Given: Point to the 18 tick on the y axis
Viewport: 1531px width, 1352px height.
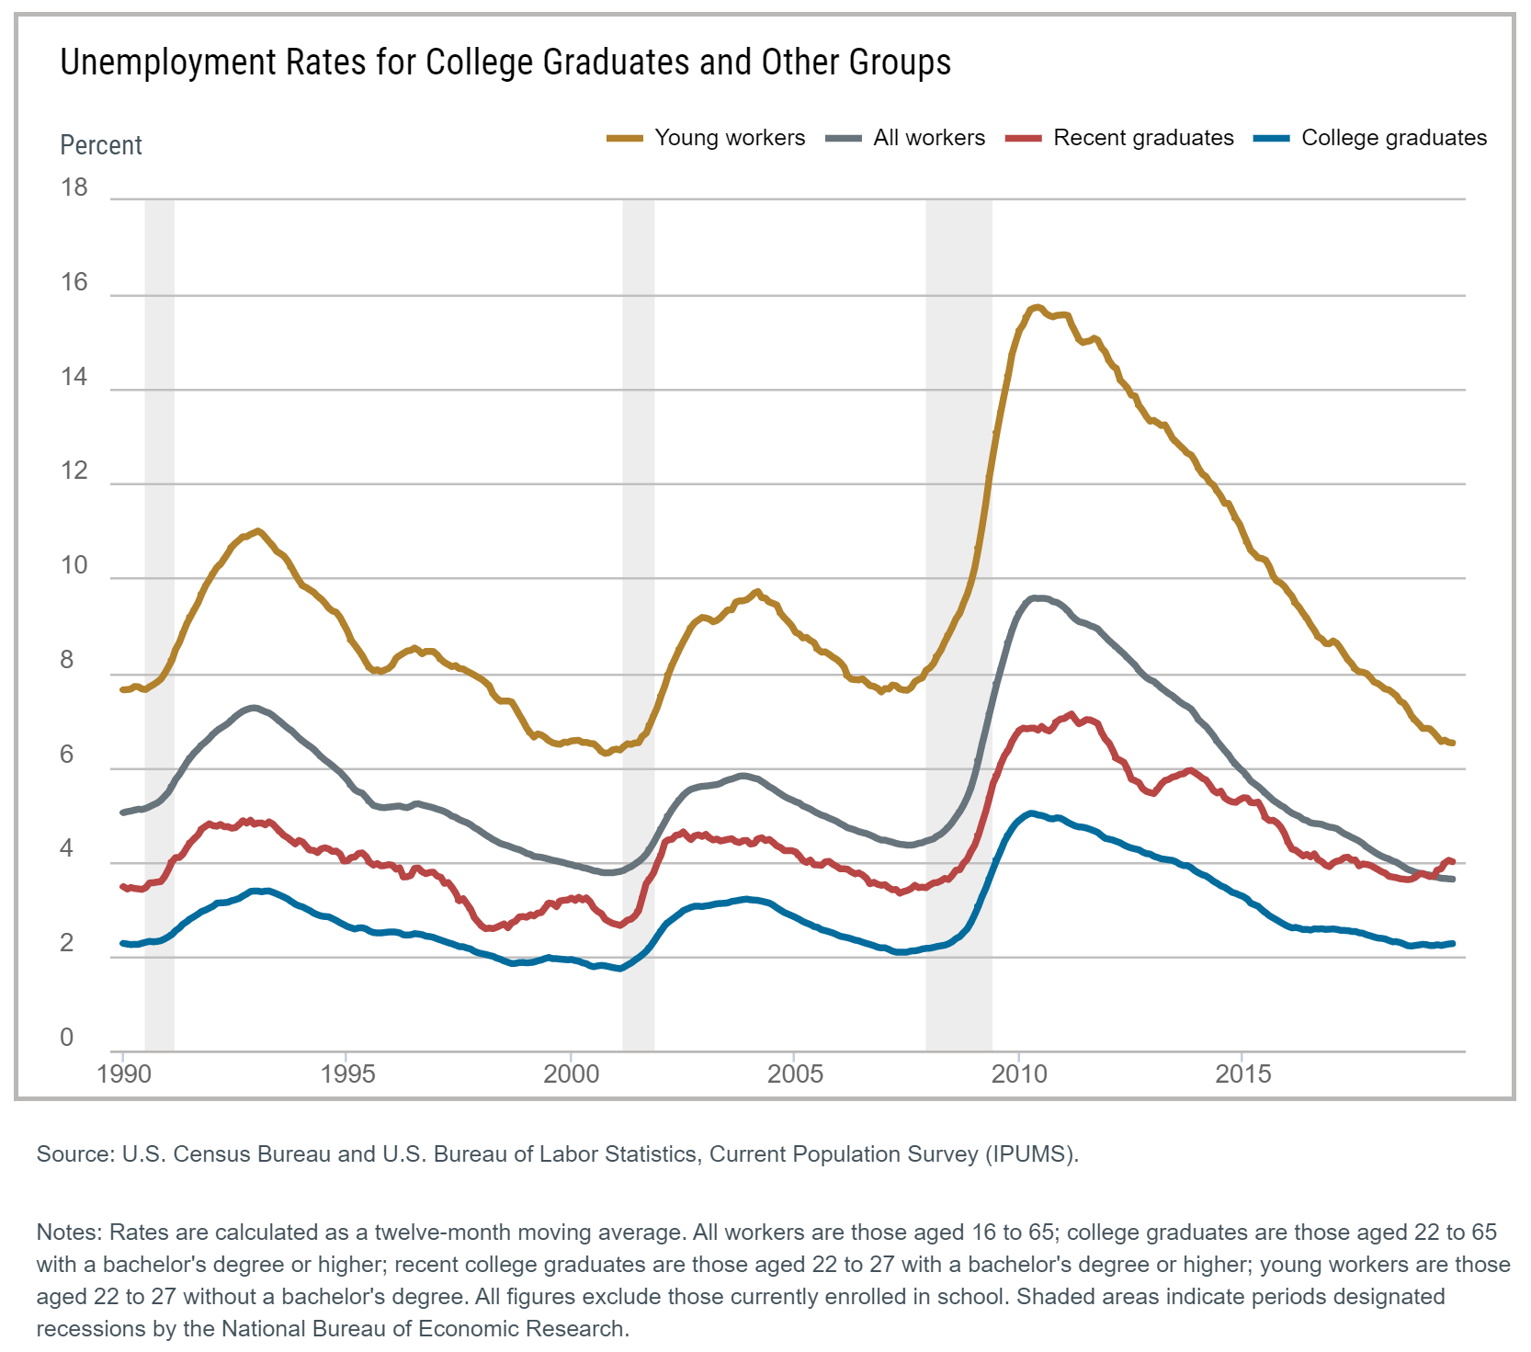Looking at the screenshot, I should click(74, 187).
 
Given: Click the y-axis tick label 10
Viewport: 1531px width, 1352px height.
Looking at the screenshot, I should click(74, 566).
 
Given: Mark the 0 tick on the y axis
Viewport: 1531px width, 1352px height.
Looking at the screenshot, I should click(66, 1038).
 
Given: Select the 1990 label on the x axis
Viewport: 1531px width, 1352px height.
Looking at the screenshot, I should click(123, 1074).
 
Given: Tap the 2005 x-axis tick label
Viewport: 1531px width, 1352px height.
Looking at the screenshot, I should click(795, 1074).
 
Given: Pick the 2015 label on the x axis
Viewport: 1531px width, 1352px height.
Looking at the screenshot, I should click(1242, 1074).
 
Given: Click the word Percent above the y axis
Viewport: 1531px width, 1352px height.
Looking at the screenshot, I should click(101, 145).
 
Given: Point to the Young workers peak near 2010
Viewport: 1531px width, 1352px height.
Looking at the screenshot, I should click(1037, 307).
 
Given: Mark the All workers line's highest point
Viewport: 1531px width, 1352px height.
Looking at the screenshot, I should click(1035, 597).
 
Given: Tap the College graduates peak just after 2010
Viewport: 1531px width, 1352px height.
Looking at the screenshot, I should click(1030, 812).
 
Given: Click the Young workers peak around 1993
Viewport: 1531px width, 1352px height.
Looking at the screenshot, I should click(257, 530).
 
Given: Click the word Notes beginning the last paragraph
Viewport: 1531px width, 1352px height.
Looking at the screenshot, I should click(70, 1233).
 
